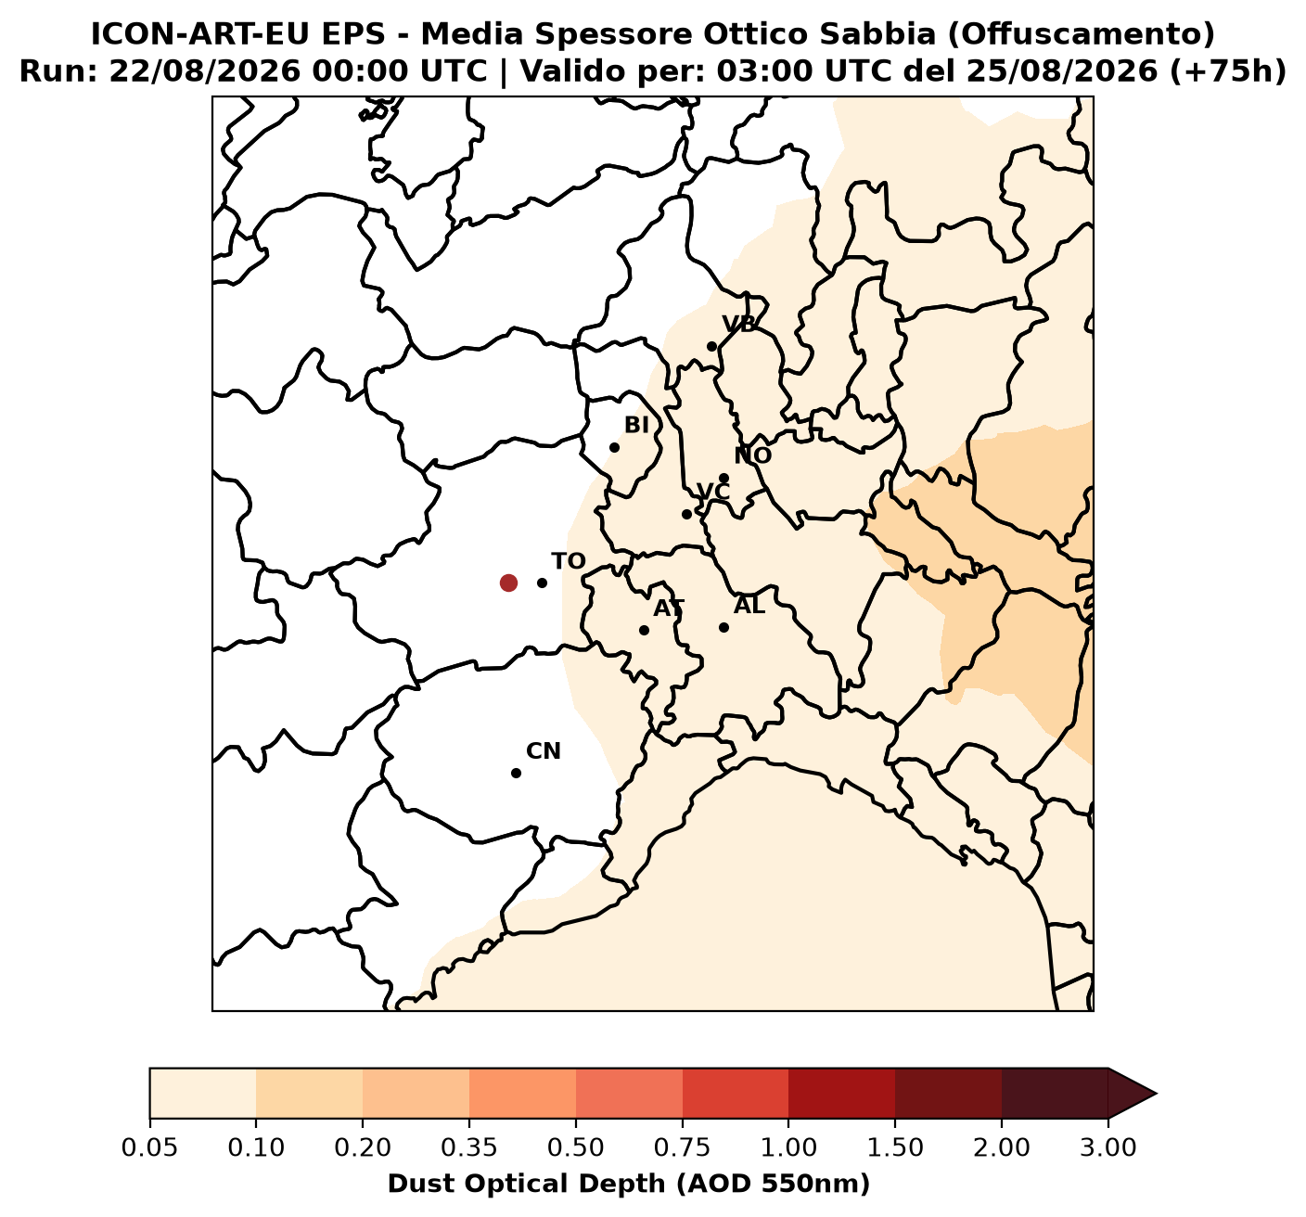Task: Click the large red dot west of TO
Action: click(508, 583)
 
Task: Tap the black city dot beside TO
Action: click(542, 583)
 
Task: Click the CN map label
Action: click(544, 751)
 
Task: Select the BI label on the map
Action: click(636, 426)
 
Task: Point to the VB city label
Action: click(739, 325)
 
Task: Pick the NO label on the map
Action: click(753, 455)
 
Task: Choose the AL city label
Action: click(749, 606)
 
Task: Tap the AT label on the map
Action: click(669, 608)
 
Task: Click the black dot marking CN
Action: click(517, 773)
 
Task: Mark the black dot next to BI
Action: click(614, 447)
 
